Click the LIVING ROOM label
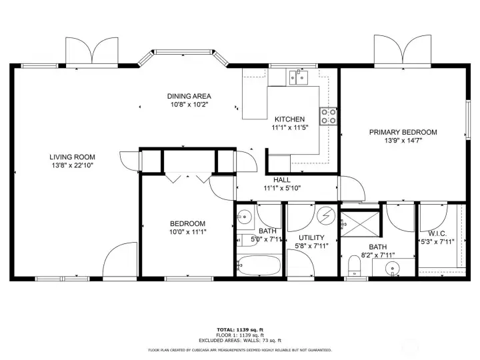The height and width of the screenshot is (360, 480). [x=72, y=157]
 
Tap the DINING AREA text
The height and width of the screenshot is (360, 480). [x=189, y=96]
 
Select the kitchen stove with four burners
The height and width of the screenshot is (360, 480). [x=328, y=116]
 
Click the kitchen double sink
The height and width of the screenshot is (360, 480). [x=299, y=77]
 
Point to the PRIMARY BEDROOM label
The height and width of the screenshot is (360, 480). [x=403, y=132]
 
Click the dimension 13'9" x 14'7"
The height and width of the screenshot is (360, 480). [x=403, y=141]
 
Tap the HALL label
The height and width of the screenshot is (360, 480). [x=282, y=180]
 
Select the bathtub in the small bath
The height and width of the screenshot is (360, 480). [x=259, y=265]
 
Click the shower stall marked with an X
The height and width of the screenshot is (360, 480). [x=361, y=224]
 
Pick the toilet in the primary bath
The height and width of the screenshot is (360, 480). [x=355, y=266]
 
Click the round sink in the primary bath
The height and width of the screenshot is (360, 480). [x=392, y=269]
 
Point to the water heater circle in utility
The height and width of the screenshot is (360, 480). [x=326, y=216]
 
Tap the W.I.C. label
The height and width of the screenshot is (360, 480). [x=437, y=233]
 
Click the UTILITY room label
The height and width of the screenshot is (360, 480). [x=311, y=237]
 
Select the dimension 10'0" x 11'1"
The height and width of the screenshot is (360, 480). [x=187, y=232]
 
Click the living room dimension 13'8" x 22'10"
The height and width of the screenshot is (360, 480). [x=72, y=165]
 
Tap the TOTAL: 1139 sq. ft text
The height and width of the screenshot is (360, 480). [x=240, y=330]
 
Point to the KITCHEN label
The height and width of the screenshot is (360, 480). [x=289, y=119]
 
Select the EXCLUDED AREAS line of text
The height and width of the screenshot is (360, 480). [x=240, y=341]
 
